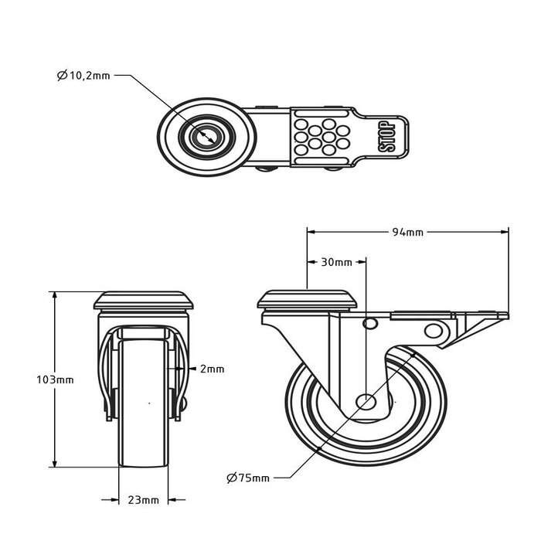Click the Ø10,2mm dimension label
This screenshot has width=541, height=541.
[x=83, y=76]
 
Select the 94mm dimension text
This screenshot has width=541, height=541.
[x=407, y=231]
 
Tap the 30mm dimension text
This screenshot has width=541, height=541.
[x=336, y=262]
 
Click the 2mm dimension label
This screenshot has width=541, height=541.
[x=212, y=369]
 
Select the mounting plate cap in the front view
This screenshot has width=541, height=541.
[x=145, y=300]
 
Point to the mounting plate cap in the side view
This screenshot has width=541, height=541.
[x=307, y=299]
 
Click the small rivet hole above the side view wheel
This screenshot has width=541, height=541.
[x=369, y=322]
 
